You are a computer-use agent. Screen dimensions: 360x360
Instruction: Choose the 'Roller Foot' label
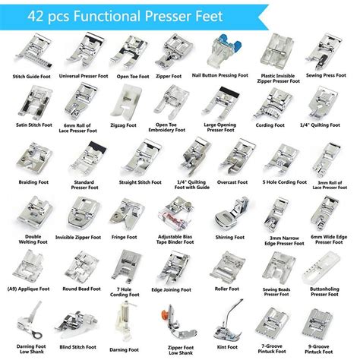(229, 289)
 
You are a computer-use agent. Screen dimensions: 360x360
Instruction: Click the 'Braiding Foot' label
(29, 182)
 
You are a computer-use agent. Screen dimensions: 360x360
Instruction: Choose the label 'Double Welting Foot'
(29, 239)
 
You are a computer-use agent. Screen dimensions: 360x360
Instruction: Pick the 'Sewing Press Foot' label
(331, 76)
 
